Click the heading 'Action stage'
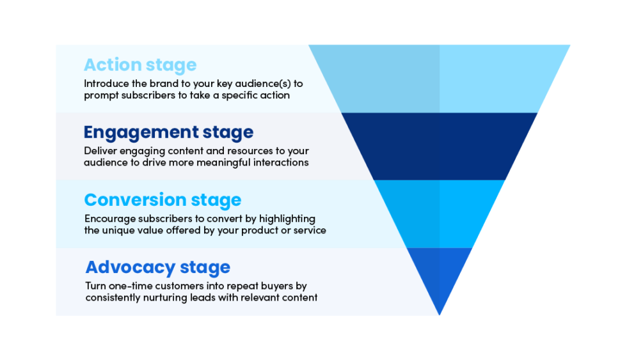pyautogui.click(x=140, y=65)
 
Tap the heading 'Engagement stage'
pyautogui.click(x=168, y=132)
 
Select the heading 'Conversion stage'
pyautogui.click(x=163, y=200)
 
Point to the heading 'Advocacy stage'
pyautogui.click(x=157, y=267)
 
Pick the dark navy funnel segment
pyautogui.click(x=440, y=146)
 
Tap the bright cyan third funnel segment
pyautogui.click(x=440, y=214)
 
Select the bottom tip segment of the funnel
pyautogui.click(x=440, y=275)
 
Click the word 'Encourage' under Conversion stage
pyautogui.click(x=109, y=219)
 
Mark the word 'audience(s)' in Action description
pyautogui.click(x=263, y=83)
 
